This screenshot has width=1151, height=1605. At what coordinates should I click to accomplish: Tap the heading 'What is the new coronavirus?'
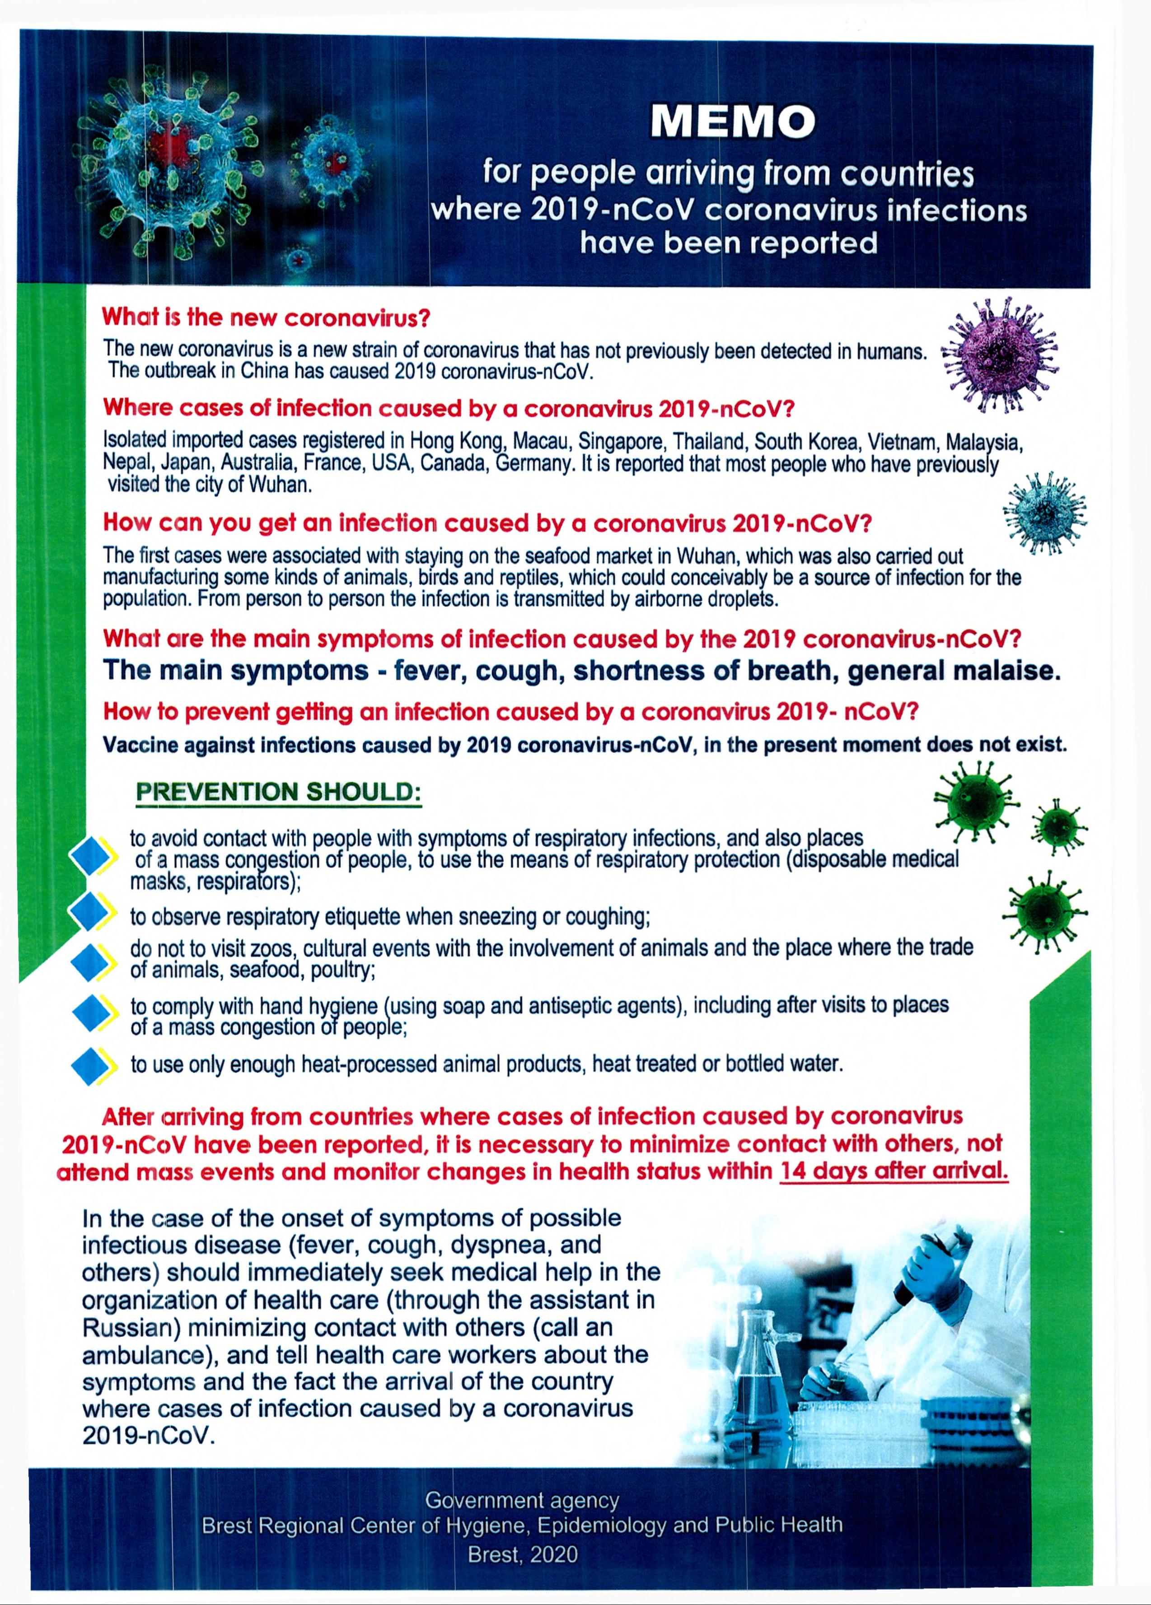click(x=266, y=317)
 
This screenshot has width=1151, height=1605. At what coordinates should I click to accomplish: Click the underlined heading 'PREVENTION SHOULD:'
click(x=278, y=791)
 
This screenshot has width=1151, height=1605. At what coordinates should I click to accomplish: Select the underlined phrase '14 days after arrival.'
click(x=894, y=1171)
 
